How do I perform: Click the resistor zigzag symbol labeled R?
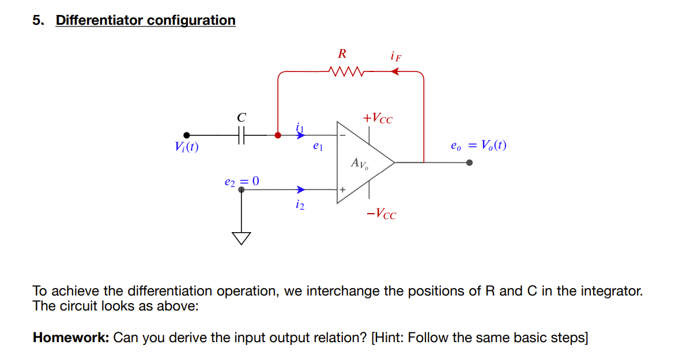coord(345,72)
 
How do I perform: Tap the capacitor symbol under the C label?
coord(242,135)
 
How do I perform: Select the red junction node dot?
coord(278,135)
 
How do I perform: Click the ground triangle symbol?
coord(242,238)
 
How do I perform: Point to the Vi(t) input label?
coord(186,147)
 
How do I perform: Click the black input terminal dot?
coord(186,135)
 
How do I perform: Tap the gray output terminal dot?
coord(469,162)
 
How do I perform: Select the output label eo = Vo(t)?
coord(478,145)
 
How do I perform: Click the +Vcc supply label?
coord(378,119)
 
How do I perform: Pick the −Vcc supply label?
coord(381,214)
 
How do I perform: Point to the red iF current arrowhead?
coord(395,72)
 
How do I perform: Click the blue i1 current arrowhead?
coord(300,135)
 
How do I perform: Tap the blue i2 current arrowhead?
coord(300,189)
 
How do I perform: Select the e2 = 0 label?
coord(242,181)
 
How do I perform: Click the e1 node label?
coord(317,147)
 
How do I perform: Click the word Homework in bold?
coord(70,338)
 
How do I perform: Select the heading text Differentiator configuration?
coord(145,20)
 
